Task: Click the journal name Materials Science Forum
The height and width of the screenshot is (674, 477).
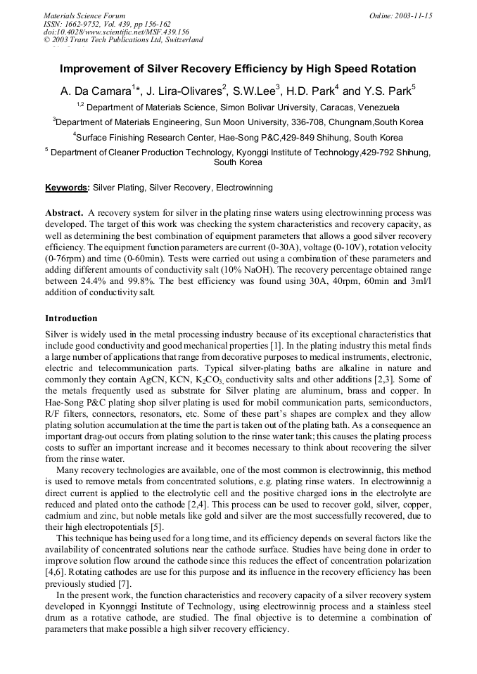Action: click(x=84, y=15)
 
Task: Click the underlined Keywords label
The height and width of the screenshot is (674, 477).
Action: click(x=67, y=188)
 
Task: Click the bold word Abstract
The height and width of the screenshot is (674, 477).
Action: click(x=64, y=212)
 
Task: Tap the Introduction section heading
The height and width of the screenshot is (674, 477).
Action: click(x=71, y=318)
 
